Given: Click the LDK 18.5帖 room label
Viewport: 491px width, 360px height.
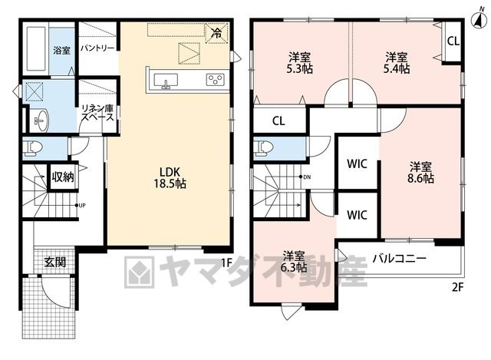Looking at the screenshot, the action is [170, 177].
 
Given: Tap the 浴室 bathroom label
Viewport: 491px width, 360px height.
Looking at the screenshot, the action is [61, 50].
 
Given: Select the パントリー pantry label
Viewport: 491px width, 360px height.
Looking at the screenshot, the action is [97, 48].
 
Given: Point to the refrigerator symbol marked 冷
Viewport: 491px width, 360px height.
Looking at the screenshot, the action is [216, 32].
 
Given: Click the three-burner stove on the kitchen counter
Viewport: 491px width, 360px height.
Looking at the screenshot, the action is [216, 79].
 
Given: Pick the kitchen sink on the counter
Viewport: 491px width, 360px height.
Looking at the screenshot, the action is [166, 81].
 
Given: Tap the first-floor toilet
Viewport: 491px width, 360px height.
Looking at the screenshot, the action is [33, 148].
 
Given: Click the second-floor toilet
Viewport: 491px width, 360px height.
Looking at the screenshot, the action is [264, 147].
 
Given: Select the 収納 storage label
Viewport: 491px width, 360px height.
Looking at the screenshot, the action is [63, 177].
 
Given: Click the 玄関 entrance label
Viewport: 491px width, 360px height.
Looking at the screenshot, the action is [54, 262].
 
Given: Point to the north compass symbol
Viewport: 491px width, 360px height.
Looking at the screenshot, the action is [479, 19].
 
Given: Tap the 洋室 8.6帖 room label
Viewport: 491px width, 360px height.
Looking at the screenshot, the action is [420, 172].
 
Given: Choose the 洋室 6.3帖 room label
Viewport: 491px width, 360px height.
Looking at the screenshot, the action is [293, 262].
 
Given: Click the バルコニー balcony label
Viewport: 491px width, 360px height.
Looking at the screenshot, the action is [399, 259].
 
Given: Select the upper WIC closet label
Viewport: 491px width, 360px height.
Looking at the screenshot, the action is [357, 163].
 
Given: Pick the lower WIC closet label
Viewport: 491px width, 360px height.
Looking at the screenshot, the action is [357, 215].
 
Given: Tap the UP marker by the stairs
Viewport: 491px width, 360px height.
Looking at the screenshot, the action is [81, 206].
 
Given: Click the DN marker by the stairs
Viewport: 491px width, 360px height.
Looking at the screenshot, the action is [305, 177].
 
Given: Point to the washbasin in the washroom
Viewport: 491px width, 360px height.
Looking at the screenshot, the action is [40, 121].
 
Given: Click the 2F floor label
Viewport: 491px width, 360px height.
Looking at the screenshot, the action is [457, 287].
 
